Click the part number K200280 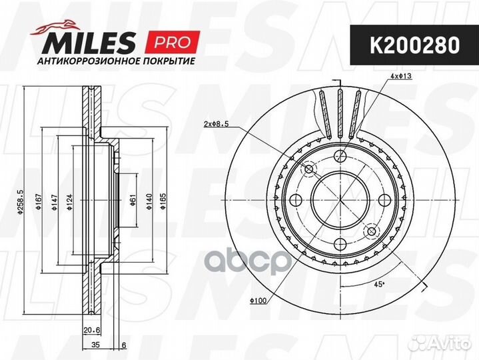[x=414, y=45]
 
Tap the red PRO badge [x=173, y=42]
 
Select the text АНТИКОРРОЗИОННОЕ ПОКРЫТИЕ [x=116, y=61]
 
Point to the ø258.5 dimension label [x=21, y=202]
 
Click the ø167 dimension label [x=39, y=202]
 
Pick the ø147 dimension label [x=55, y=202]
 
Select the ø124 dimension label [x=70, y=202]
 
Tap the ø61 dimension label [x=133, y=200]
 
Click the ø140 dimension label [x=149, y=202]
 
